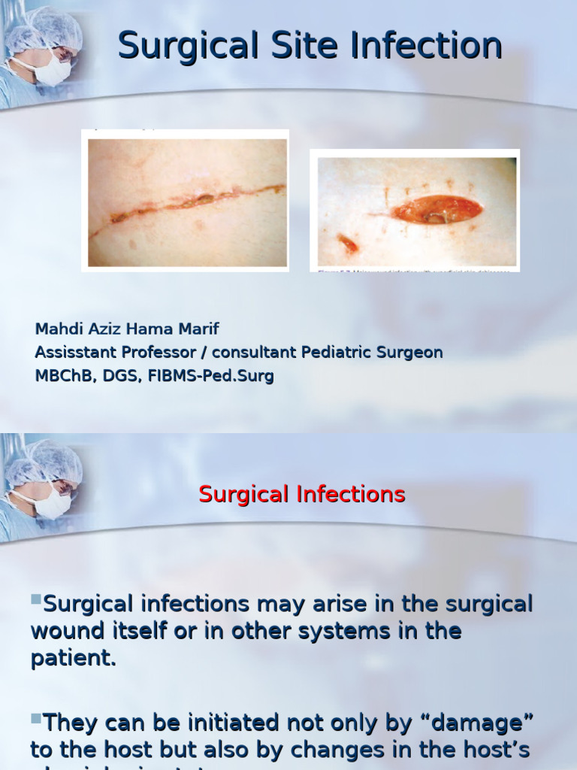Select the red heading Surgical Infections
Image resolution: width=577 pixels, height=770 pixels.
301,494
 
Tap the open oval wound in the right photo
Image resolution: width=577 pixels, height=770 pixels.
437,210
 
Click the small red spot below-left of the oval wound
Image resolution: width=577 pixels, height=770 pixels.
348,243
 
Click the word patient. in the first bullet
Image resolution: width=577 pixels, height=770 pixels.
73,658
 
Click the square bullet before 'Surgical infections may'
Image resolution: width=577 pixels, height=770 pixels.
35,599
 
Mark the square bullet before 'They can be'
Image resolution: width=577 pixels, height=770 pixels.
35,719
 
